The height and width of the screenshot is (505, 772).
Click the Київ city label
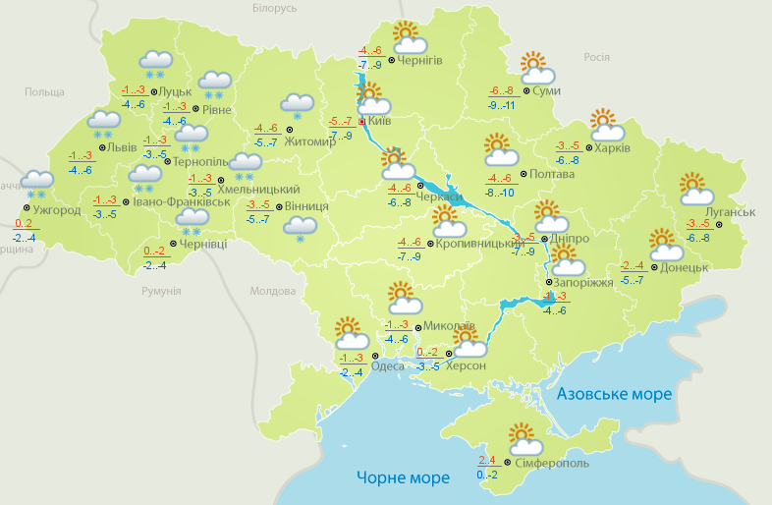click(x=382, y=122)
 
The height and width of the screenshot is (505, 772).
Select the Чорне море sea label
click(x=403, y=478)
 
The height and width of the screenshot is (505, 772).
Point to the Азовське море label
click(x=614, y=394)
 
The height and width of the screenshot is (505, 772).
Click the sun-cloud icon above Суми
click(x=536, y=69)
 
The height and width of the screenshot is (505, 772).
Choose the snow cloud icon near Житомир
click(x=297, y=106)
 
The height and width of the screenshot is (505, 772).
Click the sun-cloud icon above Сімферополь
click(x=521, y=438)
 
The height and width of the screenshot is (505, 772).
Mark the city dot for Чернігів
click(x=392, y=60)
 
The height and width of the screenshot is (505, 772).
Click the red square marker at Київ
click(x=361, y=122)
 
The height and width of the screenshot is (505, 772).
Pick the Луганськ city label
click(x=730, y=212)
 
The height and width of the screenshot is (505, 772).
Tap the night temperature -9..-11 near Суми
click(x=501, y=104)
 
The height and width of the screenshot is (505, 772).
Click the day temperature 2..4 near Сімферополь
click(x=487, y=460)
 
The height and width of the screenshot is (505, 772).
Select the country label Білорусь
click(x=274, y=9)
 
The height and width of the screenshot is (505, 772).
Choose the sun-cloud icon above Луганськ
click(x=693, y=189)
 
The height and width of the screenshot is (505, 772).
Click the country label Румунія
click(x=161, y=292)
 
